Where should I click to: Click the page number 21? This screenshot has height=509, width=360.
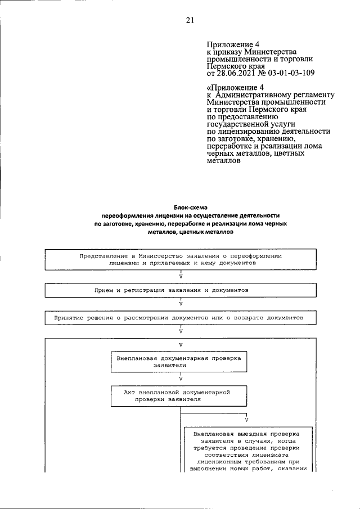click(190, 21)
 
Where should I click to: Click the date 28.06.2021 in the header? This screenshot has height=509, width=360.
click(236, 72)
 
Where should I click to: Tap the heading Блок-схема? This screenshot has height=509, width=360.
click(190, 208)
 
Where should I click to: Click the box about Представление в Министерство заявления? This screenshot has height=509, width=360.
click(180, 259)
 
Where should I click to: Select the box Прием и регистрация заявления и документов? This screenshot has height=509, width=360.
click(180, 290)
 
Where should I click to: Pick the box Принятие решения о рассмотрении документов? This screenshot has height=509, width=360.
click(180, 318)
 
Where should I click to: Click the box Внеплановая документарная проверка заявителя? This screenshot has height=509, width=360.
click(179, 361)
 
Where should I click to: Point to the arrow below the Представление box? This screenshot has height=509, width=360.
click(180, 275)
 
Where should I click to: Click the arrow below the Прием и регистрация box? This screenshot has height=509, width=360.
click(180, 303)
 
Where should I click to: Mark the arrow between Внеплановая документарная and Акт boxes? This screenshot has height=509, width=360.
click(180, 378)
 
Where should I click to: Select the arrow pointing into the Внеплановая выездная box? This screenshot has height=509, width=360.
click(247, 420)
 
